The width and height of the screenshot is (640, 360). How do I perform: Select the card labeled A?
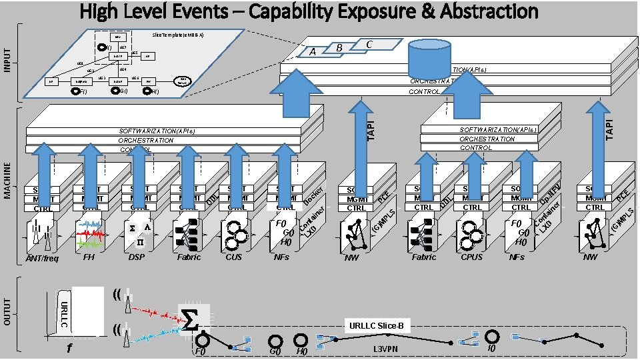(x=311, y=52)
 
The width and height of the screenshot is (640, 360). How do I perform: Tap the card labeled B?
(x=339, y=48)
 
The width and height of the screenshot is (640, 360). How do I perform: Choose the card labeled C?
(x=369, y=44)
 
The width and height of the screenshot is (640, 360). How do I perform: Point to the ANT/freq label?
(x=43, y=258)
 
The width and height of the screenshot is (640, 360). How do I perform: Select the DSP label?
(x=136, y=256)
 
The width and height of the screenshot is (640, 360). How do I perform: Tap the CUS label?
(x=233, y=256)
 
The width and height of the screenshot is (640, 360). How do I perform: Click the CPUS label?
(x=471, y=257)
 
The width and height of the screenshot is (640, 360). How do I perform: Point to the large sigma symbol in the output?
(x=190, y=321)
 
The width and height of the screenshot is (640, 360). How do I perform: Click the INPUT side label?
(x=8, y=61)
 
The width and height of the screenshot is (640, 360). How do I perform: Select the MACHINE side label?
(x=8, y=177)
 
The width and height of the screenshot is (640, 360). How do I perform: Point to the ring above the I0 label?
(x=492, y=337)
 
